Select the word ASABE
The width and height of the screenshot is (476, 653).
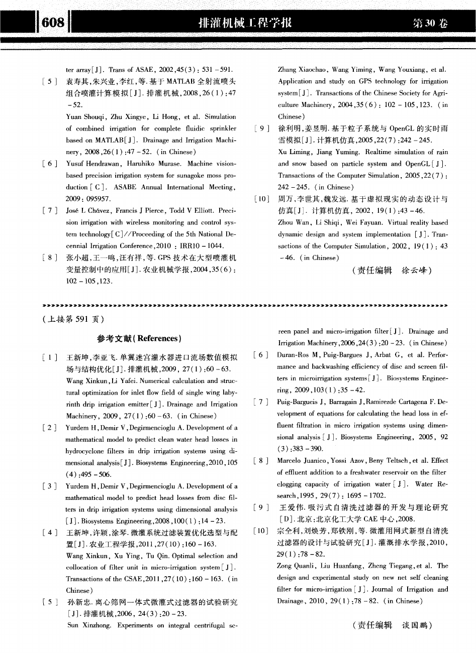[x=126, y=188]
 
